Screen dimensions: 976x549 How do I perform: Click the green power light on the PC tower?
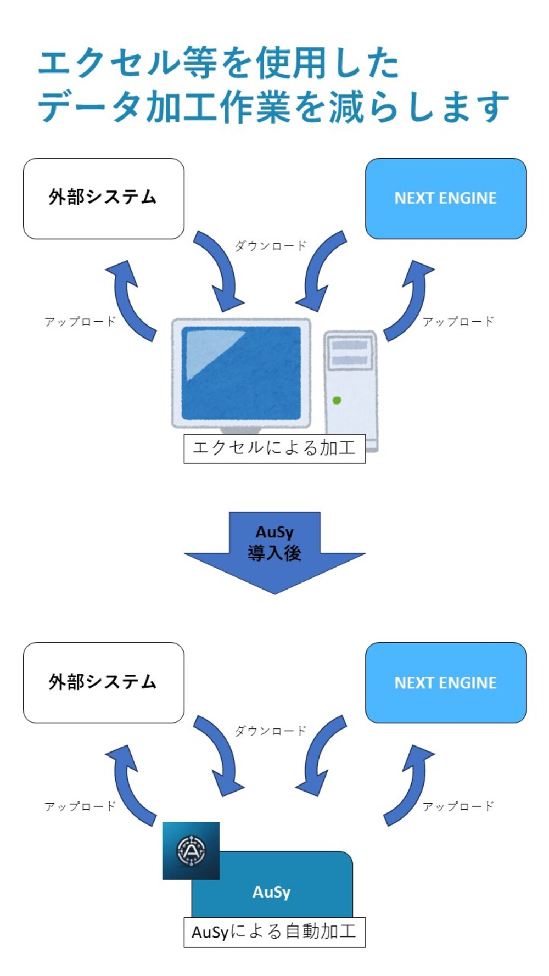pyautogui.click(x=337, y=401)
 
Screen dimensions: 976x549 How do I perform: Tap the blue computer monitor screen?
pyautogui.click(x=241, y=373)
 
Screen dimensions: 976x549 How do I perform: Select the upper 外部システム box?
pyautogui.click(x=103, y=198)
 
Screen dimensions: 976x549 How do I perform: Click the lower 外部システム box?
pyautogui.click(x=103, y=682)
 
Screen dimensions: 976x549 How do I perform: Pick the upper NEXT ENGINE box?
pyautogui.click(x=445, y=198)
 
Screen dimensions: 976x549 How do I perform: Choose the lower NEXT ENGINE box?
pyautogui.click(x=445, y=682)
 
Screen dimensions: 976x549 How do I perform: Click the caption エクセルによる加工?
pyautogui.click(x=274, y=448)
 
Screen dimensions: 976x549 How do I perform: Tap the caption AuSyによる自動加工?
pyautogui.click(x=274, y=932)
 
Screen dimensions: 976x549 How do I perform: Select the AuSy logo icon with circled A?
pyautogui.click(x=191, y=850)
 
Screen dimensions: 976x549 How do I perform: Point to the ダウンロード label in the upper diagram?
pyautogui.click(x=270, y=246)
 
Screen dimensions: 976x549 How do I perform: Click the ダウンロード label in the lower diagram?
pyautogui.click(x=270, y=731)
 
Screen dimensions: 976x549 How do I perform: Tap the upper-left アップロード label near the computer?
pyautogui.click(x=80, y=322)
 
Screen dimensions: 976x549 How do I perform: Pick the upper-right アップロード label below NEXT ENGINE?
pyautogui.click(x=458, y=322)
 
